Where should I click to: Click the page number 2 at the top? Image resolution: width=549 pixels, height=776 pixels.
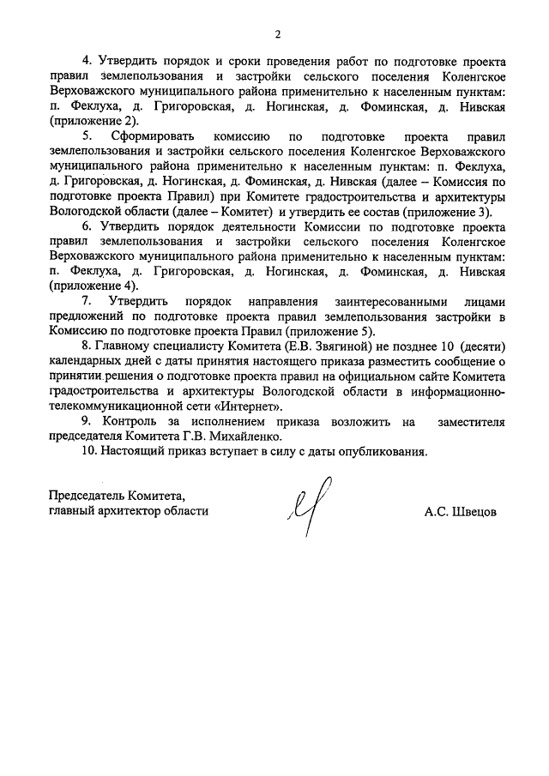point(277,35)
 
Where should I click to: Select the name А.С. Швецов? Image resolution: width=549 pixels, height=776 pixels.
point(460,512)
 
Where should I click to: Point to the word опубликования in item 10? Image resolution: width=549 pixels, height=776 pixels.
point(384,451)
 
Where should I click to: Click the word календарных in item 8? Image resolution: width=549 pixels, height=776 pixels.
point(85,361)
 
